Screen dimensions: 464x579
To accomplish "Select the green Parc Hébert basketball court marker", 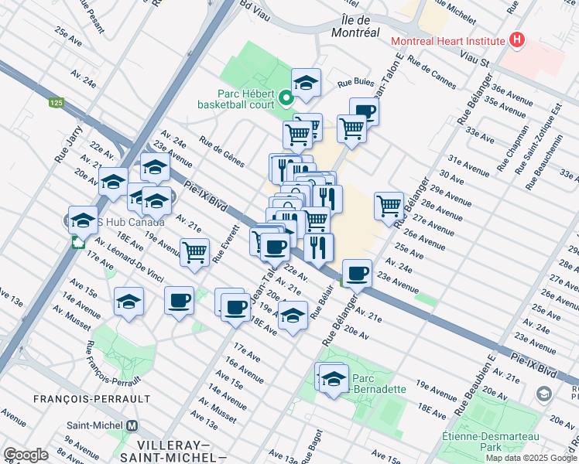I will (x=286, y=97).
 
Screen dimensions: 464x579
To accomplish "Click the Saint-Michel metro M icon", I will (x=132, y=425).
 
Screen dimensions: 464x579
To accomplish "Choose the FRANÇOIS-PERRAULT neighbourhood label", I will (x=91, y=398).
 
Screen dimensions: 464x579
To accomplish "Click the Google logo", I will (x=26, y=455).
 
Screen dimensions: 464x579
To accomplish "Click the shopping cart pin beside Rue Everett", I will (x=194, y=251).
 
